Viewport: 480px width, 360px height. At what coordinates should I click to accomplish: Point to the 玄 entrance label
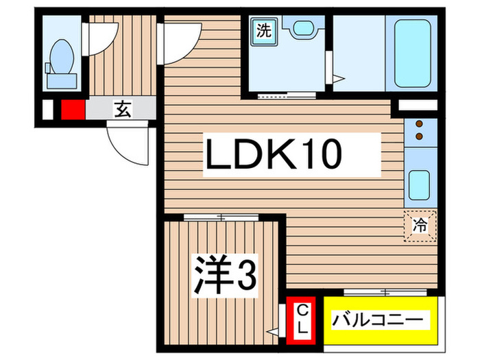coord(123,108)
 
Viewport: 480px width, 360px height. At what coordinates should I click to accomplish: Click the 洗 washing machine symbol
coord(265,31)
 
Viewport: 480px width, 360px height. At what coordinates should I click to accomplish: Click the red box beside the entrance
coord(72,109)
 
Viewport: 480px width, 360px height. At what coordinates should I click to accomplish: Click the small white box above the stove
coord(417,106)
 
